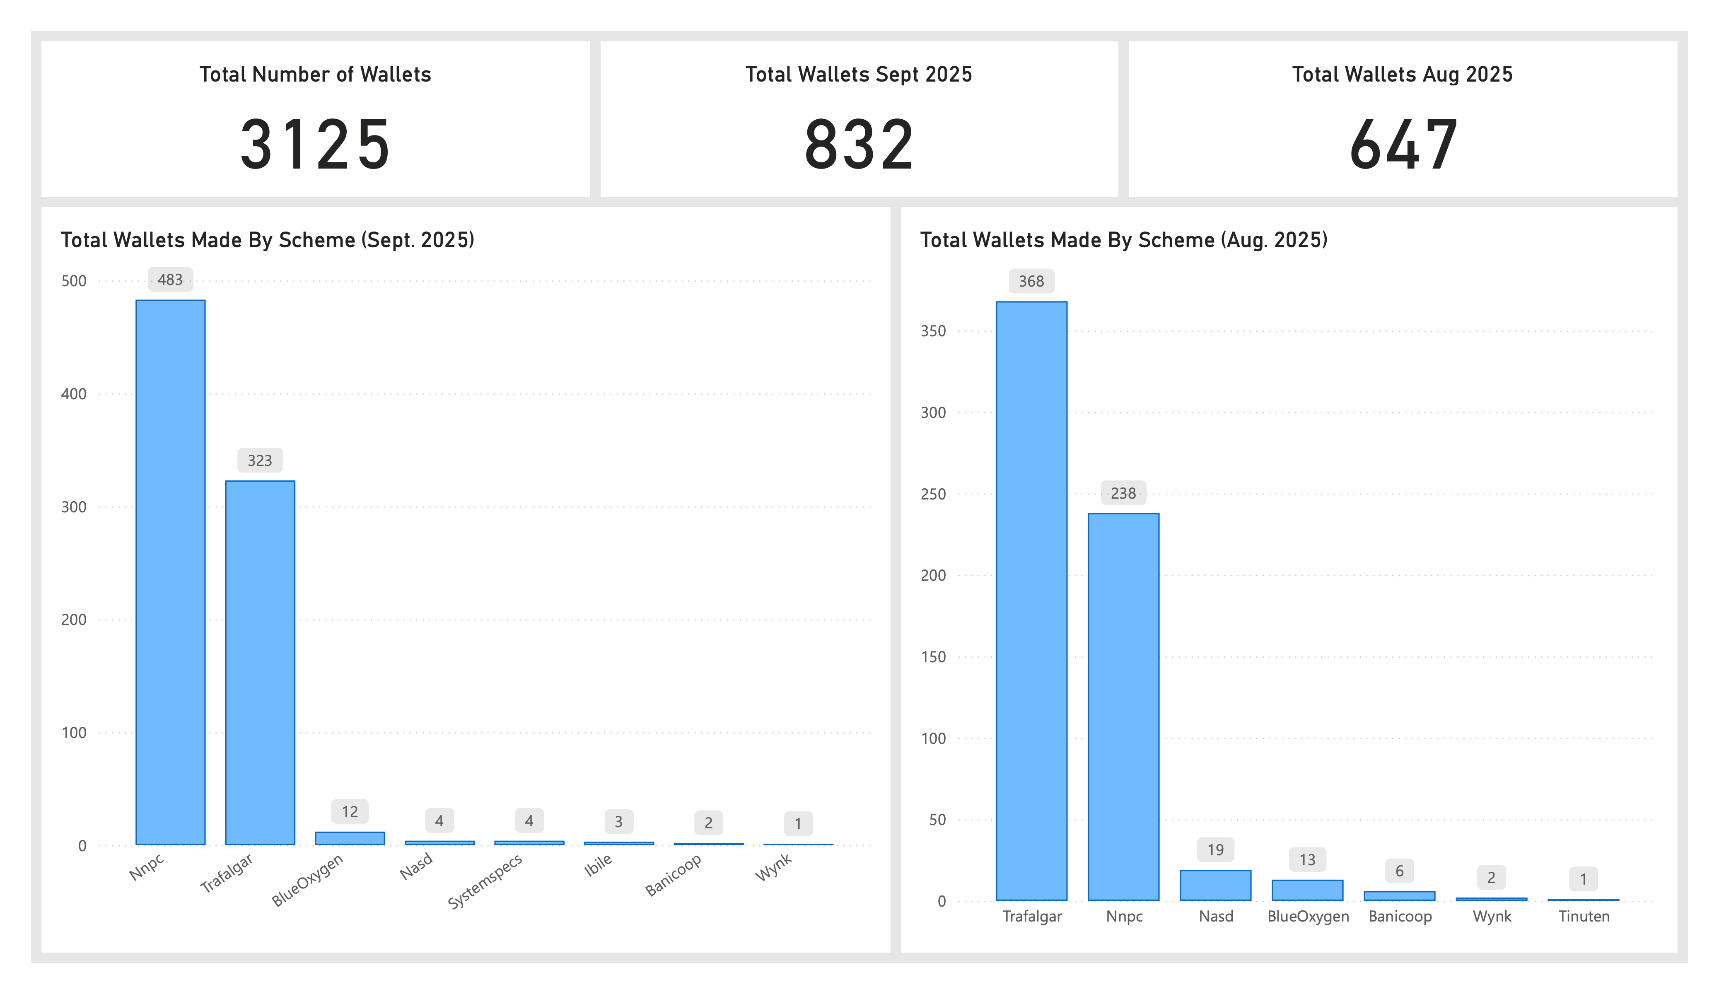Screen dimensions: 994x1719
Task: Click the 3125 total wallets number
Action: click(315, 145)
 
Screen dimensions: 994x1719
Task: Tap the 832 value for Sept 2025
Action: click(859, 145)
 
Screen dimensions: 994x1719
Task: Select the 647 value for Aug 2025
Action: click(1403, 145)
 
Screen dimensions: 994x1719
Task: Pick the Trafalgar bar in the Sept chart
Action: click(260, 662)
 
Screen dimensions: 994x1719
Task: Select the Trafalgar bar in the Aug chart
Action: click(1031, 601)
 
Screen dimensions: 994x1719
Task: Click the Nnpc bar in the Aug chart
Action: click(1123, 706)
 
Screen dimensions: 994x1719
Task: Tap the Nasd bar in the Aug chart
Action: click(1216, 885)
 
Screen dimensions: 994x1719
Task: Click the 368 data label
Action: click(1031, 281)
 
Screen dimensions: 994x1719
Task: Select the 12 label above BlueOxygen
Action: click(350, 812)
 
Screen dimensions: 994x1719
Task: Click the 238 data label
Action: click(1123, 493)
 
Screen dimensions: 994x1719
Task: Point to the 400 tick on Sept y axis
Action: click(74, 393)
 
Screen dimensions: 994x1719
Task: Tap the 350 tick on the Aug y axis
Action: click(933, 331)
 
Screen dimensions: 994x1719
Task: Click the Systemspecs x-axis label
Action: click(485, 881)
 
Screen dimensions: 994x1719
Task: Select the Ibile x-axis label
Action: click(598, 865)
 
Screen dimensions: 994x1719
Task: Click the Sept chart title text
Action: click(268, 240)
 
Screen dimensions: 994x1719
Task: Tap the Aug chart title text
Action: click(1123, 240)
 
